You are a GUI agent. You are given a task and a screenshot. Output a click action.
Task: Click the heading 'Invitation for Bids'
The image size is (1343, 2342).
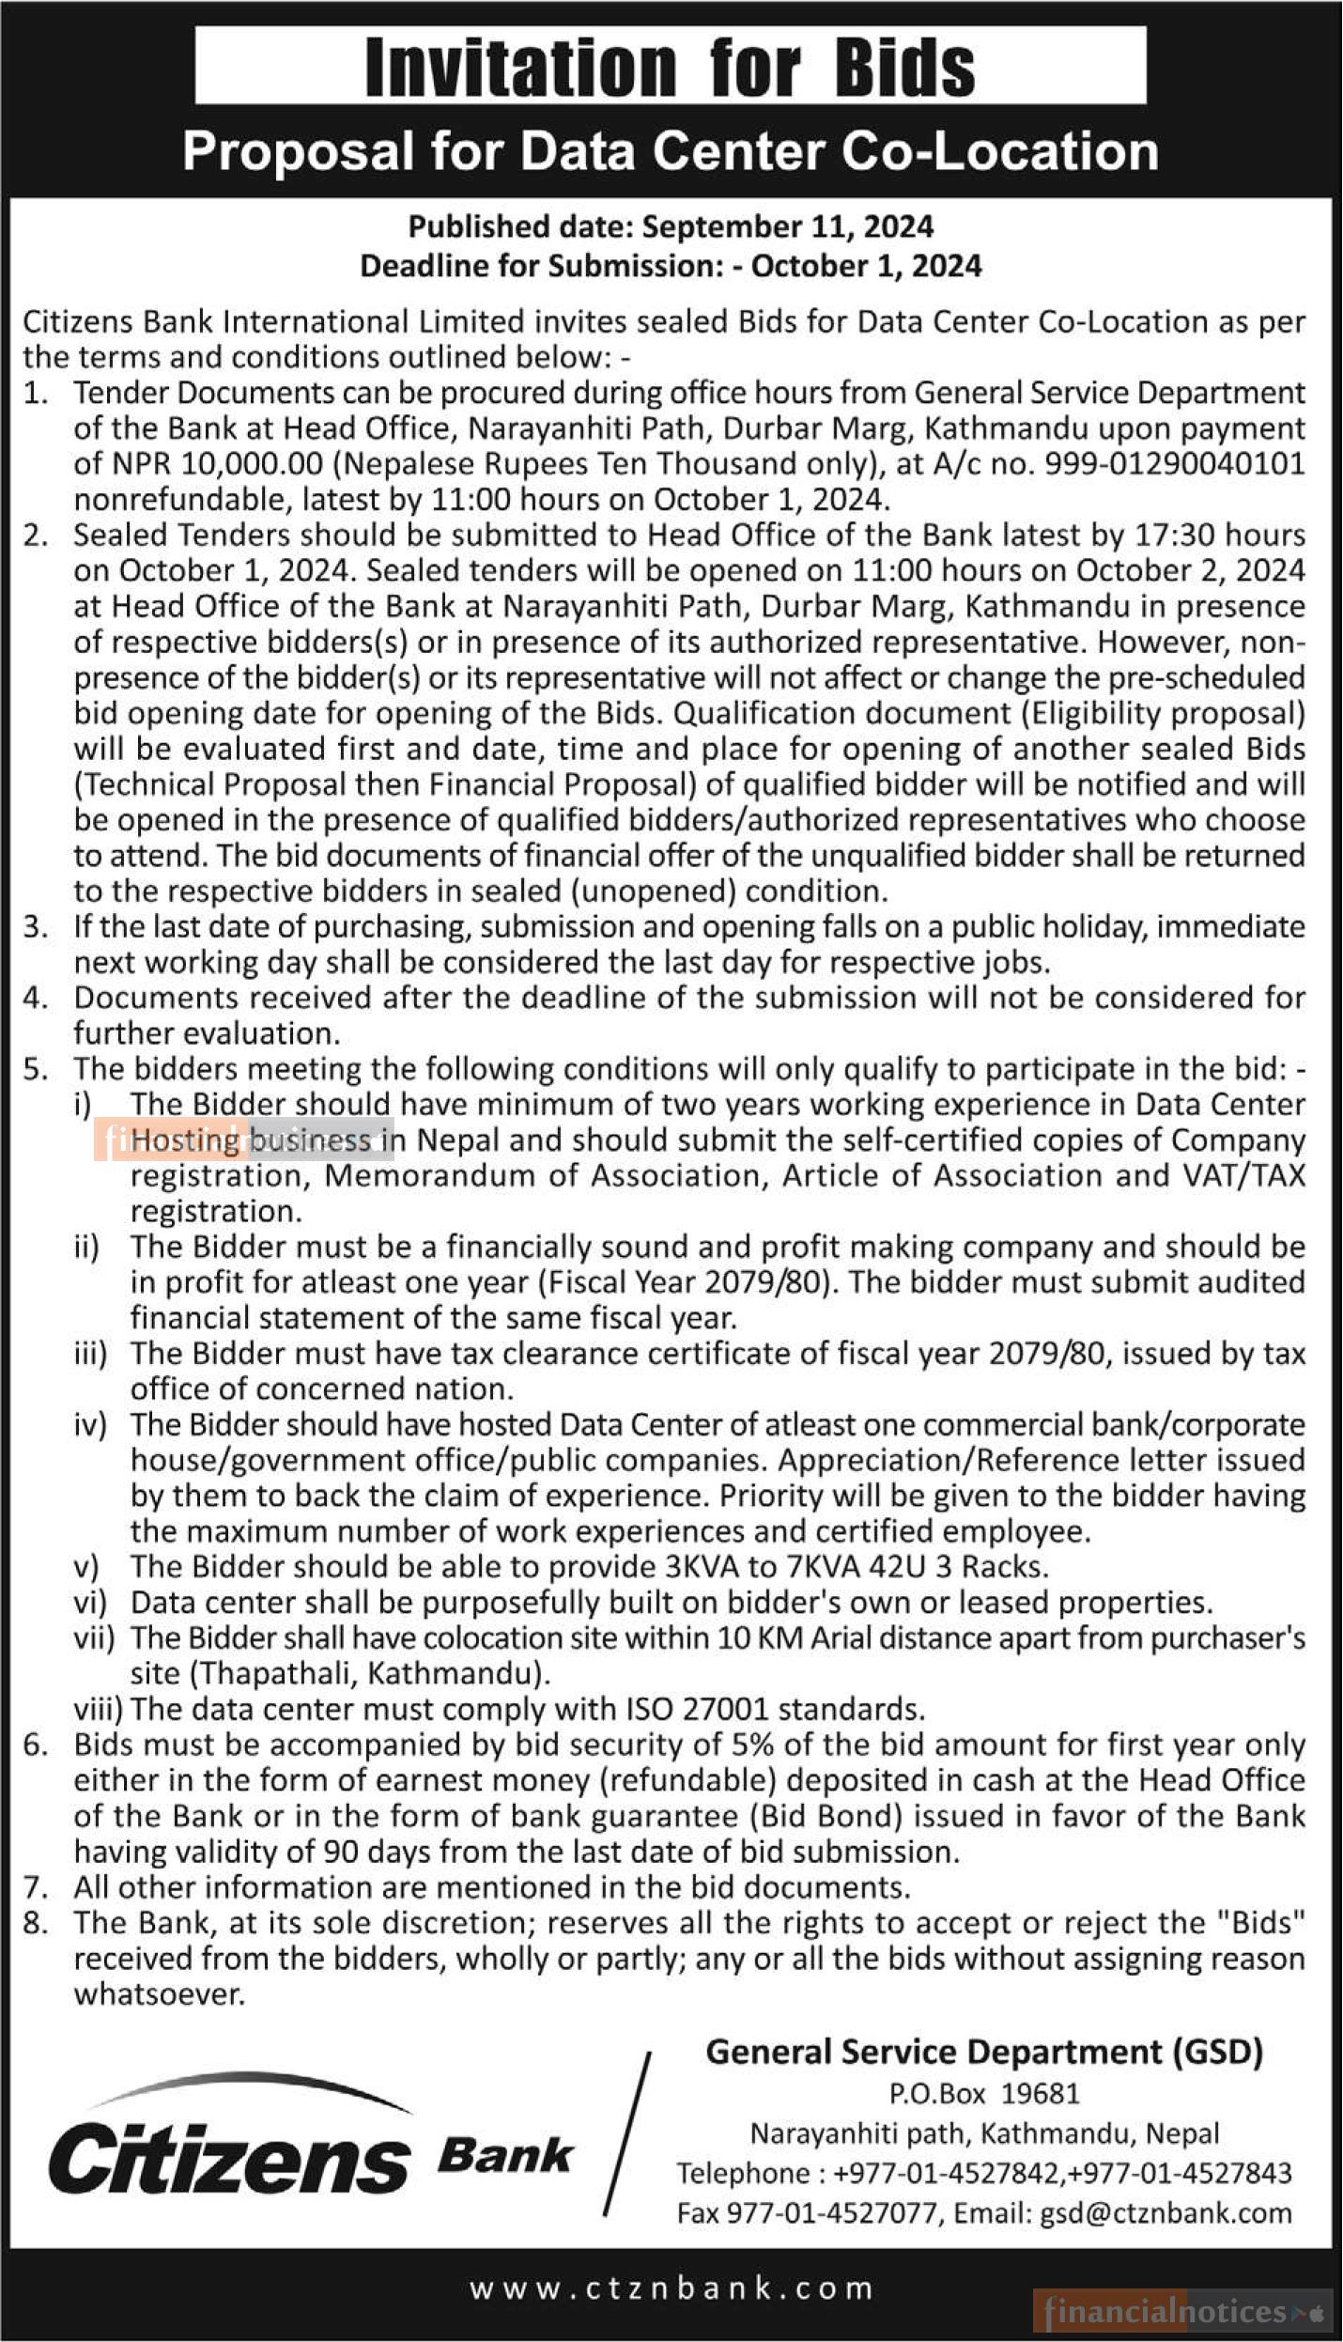pyautogui.click(x=670, y=68)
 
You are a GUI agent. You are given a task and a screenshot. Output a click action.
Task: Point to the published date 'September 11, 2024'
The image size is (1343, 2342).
pyautogui.click(x=788, y=226)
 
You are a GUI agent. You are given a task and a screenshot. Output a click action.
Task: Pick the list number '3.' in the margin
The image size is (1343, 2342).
pyautogui.click(x=36, y=927)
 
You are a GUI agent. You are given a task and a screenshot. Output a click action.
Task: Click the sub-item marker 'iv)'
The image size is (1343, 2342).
pyautogui.click(x=91, y=1424)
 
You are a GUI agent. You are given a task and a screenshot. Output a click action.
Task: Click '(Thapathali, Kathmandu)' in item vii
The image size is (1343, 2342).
pyautogui.click(x=340, y=1673)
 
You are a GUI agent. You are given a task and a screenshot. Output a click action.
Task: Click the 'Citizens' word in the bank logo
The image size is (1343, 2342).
pyautogui.click(x=228, y=2156)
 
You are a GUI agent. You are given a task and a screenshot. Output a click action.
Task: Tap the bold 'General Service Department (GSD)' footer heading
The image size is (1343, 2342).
pyautogui.click(x=984, y=2052)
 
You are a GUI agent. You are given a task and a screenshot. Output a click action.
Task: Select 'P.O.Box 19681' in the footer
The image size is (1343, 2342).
pyautogui.click(x=984, y=2093)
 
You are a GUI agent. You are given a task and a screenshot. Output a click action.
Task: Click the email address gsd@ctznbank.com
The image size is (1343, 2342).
pyautogui.click(x=1165, y=2212)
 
